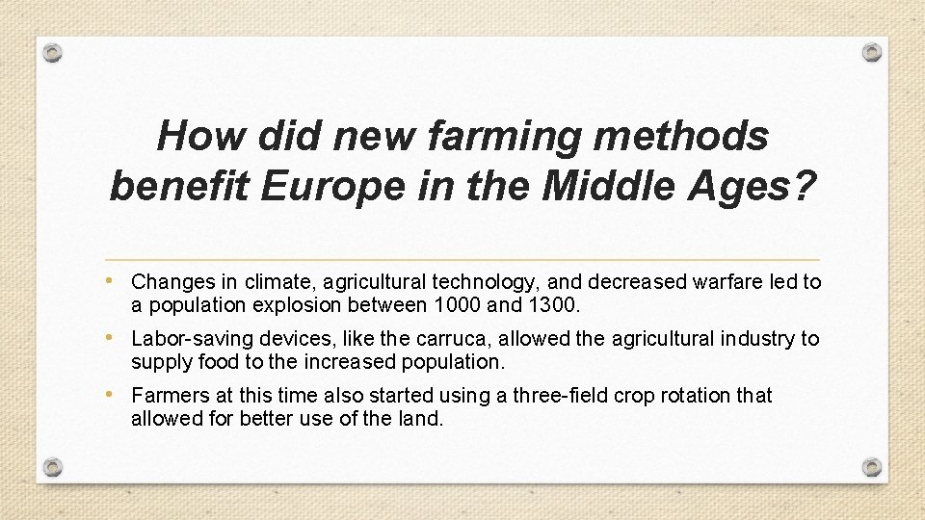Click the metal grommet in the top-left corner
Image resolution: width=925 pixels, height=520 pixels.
click(x=54, y=52)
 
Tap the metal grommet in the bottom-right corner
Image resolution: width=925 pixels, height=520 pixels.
click(x=871, y=467)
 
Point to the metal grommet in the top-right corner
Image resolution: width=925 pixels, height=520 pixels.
click(x=871, y=52)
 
